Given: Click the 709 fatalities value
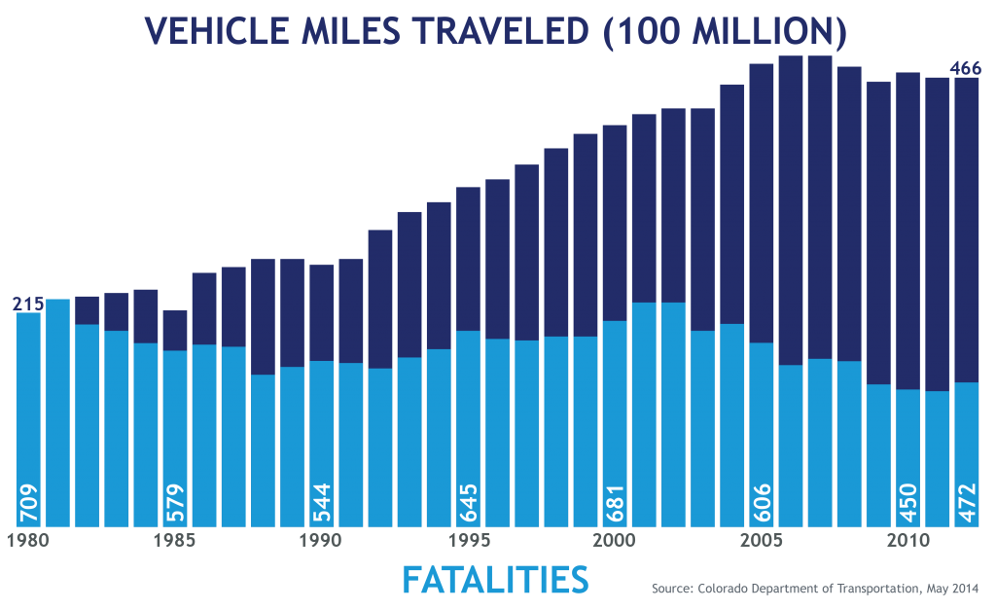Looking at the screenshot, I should [28, 501].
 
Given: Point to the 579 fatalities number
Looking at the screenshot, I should [175, 501].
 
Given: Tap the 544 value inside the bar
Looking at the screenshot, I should [322, 501].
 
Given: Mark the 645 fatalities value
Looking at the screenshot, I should [469, 501].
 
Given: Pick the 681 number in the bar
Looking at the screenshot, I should [615, 501].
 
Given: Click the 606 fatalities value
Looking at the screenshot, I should [762, 501].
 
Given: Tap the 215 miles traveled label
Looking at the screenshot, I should [28, 305].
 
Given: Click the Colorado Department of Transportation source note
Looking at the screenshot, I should [814, 589].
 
